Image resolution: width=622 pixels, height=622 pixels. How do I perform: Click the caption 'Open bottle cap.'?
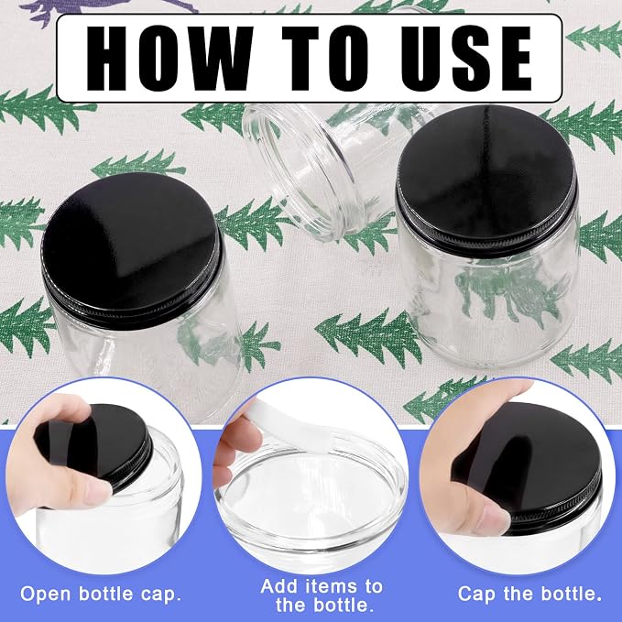point(101,595)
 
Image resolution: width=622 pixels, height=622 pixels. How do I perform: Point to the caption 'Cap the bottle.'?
point(529,595)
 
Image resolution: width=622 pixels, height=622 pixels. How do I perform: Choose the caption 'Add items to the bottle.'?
point(322,595)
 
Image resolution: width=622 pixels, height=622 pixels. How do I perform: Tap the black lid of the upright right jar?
point(487,179)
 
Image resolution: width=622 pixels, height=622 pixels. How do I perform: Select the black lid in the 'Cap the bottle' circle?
point(531,464)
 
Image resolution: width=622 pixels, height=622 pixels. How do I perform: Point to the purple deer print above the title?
point(107,9)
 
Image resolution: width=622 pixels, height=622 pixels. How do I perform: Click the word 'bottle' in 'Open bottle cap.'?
point(105,594)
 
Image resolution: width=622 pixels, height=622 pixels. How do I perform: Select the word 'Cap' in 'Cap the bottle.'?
point(476,595)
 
